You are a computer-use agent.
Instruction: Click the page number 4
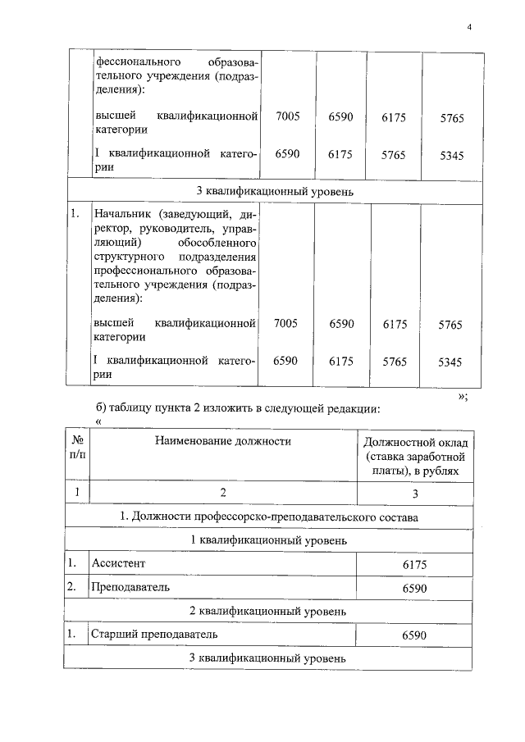(469, 27)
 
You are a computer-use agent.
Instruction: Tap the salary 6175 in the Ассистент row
(414, 564)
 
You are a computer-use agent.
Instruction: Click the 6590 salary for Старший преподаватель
(414, 635)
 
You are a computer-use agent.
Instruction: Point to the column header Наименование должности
(223, 441)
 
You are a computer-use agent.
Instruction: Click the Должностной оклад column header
(414, 456)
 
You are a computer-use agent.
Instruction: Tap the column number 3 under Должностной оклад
(414, 493)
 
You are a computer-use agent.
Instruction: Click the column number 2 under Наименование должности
(222, 493)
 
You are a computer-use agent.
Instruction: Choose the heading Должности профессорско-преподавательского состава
(269, 517)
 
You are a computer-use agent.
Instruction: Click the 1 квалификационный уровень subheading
(269, 540)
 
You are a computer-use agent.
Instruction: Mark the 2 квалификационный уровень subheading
(269, 612)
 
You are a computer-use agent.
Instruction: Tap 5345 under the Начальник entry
(450, 361)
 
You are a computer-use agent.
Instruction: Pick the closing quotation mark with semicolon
(463, 395)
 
